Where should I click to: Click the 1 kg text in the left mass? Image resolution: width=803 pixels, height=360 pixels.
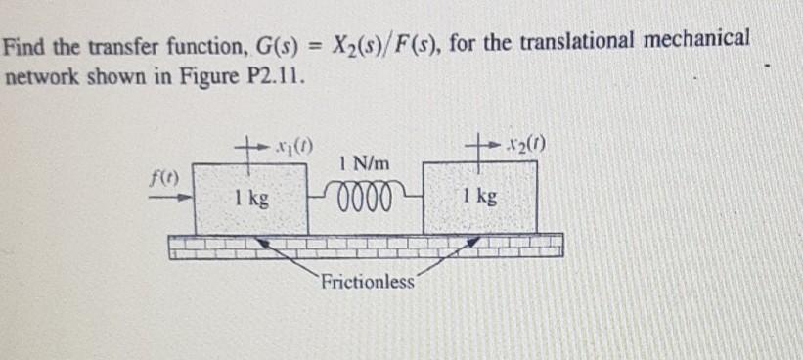coord(252,198)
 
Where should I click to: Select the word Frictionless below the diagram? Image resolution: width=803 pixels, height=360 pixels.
coord(366,283)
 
